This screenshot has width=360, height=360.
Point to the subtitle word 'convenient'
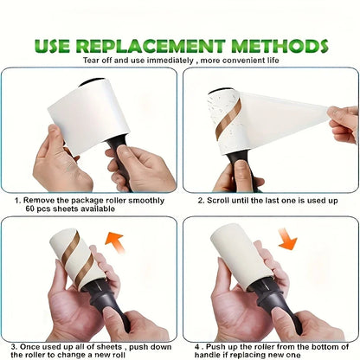click(x=239, y=60)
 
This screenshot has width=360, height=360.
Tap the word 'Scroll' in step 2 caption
click(x=222, y=199)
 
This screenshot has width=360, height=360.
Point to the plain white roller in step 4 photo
click(x=241, y=260)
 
